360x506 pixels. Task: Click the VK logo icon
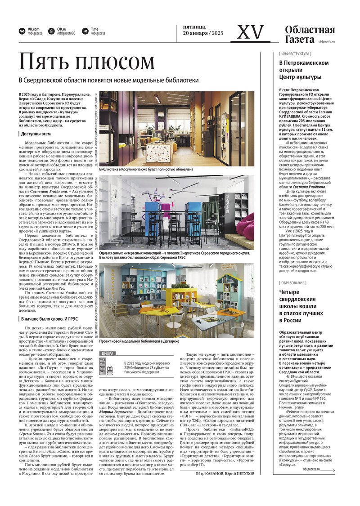pos(22,31)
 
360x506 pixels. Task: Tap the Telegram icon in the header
pos(85,31)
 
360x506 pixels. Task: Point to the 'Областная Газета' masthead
pos(310,35)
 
